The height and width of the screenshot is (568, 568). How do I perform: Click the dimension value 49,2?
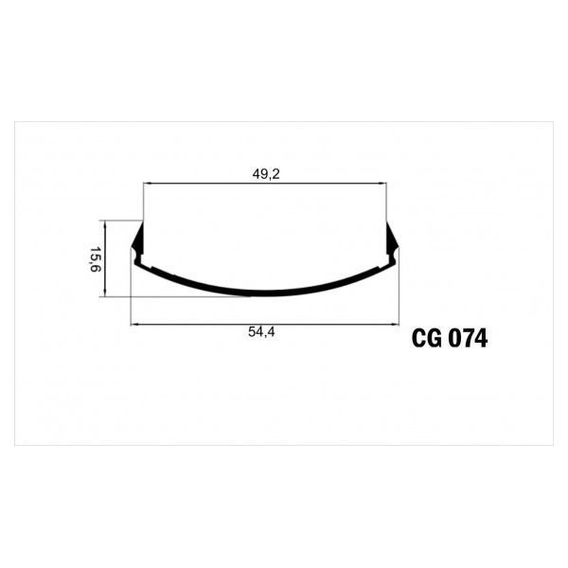click(266, 174)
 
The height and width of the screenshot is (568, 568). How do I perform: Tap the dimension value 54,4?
click(261, 332)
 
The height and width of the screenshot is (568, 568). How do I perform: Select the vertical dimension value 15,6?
click(95, 259)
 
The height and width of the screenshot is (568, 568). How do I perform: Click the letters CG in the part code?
click(427, 339)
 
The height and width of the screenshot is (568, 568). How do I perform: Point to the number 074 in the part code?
click(468, 339)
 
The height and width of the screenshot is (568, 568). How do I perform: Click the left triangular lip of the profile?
click(138, 239)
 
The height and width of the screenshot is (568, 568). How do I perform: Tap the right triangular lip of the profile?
click(392, 239)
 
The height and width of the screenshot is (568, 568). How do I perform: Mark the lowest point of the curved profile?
click(265, 296)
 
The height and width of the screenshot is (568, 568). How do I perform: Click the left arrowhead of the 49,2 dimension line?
click(147, 184)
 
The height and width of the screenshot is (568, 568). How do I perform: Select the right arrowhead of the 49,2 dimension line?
click(382, 184)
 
